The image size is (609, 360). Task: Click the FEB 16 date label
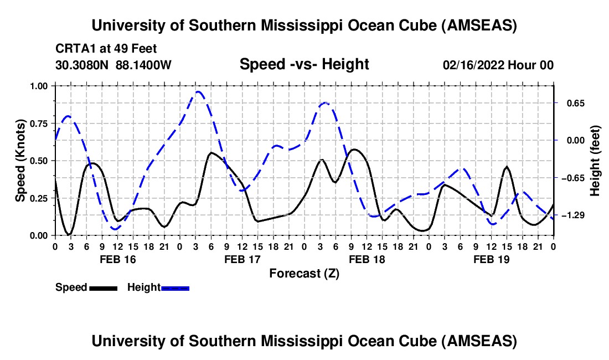pyautogui.click(x=117, y=259)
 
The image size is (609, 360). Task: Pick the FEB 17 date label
pyautogui.click(x=242, y=259)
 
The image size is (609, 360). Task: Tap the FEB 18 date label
pyautogui.click(x=367, y=259)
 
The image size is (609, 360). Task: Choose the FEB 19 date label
pyautogui.click(x=491, y=259)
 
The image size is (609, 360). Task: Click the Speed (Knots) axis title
pyautogui.click(x=20, y=161)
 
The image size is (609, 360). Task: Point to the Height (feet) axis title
pyautogui.click(x=595, y=161)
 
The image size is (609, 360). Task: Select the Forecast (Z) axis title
pyautogui.click(x=304, y=273)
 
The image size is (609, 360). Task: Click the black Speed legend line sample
pyautogui.click(x=103, y=288)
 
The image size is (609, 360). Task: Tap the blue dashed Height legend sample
pyautogui.click(x=175, y=288)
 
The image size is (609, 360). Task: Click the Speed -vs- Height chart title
pyautogui.click(x=304, y=64)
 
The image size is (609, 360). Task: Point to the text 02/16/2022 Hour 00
pyautogui.click(x=498, y=65)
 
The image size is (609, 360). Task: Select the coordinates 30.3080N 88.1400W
pyautogui.click(x=113, y=65)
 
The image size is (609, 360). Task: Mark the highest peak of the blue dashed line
pyautogui.click(x=198, y=91)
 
